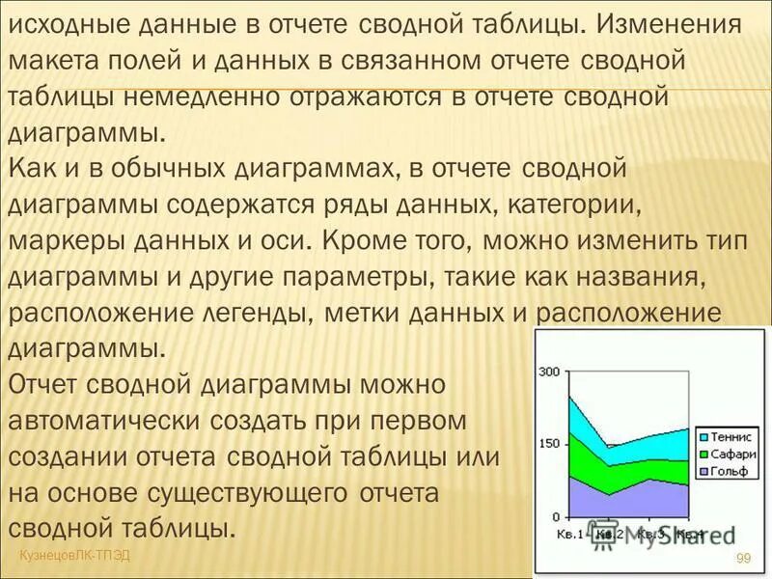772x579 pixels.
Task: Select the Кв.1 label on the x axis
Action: pos(571,534)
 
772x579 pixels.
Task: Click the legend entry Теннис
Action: pos(732,436)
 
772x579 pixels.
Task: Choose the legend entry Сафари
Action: pos(732,454)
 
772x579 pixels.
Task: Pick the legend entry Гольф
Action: pos(731,471)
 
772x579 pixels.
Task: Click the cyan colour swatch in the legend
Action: pos(703,436)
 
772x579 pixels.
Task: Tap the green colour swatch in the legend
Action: pos(703,454)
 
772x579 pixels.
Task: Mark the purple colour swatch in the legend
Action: pos(703,471)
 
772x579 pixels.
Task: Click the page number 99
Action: pos(743,558)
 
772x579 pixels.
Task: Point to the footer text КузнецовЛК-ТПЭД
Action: pos(74,554)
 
